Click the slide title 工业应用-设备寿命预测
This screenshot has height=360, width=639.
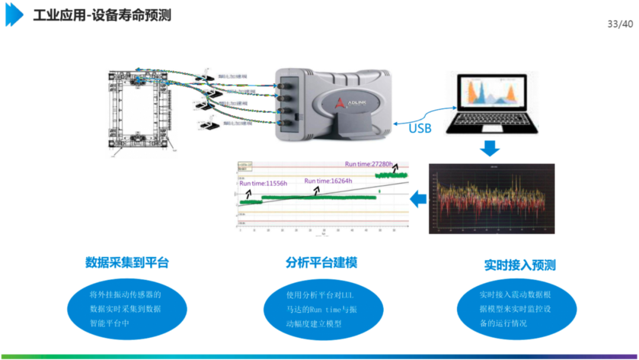click(102, 16)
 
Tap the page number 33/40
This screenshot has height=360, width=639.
click(619, 24)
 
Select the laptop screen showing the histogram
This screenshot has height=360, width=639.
click(489, 94)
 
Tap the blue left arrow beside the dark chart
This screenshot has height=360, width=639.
click(418, 199)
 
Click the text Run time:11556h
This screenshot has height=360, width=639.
click(263, 184)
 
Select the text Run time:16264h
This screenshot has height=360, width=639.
click(328, 181)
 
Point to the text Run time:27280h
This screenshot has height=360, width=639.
click(369, 163)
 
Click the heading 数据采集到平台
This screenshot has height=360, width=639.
click(127, 262)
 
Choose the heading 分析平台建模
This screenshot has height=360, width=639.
click(321, 262)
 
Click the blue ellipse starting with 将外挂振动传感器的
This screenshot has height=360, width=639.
click(126, 308)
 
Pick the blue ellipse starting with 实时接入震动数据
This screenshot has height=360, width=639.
click(517, 308)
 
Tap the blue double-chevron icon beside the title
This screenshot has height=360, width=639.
click(14, 15)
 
